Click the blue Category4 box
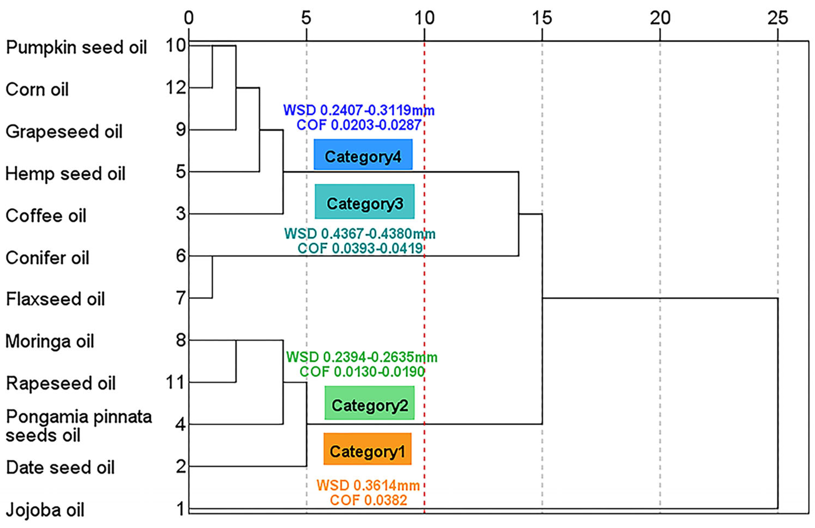363,154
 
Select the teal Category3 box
364,201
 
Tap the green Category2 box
369,403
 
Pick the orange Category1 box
367,449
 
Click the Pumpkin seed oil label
76,47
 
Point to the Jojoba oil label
45,510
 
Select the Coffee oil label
46,216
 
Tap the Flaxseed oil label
55,299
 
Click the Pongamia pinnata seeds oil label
79,426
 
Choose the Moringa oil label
50,341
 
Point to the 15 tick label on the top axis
542,18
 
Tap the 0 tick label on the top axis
189,18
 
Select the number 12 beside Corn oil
176,88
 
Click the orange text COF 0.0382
368,500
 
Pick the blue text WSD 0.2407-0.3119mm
359,110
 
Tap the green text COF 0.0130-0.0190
362,372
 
